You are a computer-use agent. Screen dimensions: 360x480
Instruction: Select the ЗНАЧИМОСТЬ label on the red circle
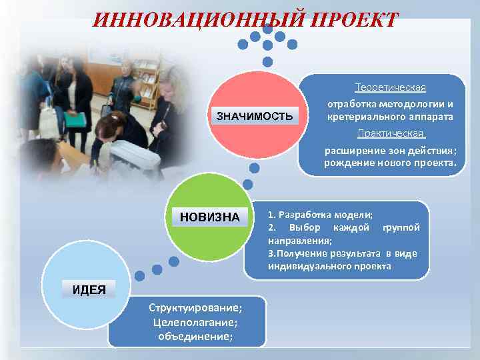pyautogui.click(x=253, y=117)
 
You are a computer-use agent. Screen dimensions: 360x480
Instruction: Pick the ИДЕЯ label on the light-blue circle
pyautogui.click(x=89, y=288)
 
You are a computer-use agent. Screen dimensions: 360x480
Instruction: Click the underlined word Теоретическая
pyautogui.click(x=390, y=88)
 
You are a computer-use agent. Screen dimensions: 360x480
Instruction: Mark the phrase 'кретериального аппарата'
pyautogui.click(x=390, y=117)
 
